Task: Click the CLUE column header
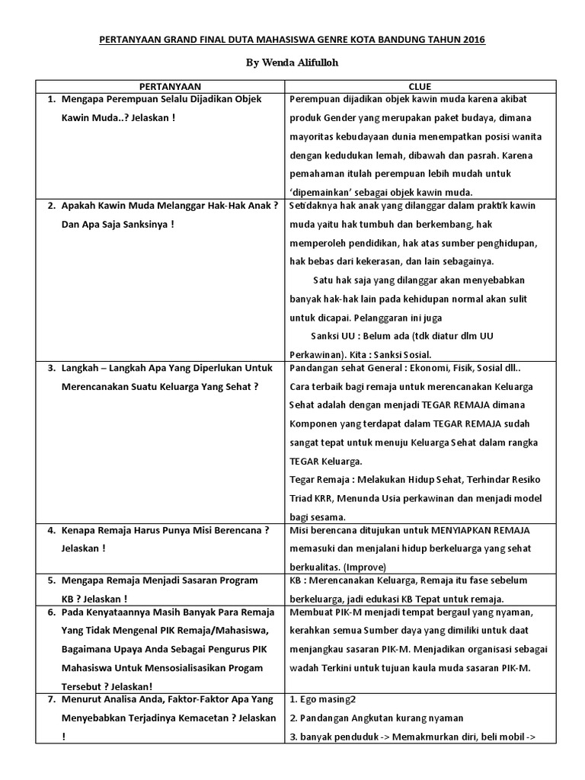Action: point(420,87)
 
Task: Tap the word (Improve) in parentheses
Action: point(365,567)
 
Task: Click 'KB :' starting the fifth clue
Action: point(297,580)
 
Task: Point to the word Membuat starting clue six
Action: point(309,612)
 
